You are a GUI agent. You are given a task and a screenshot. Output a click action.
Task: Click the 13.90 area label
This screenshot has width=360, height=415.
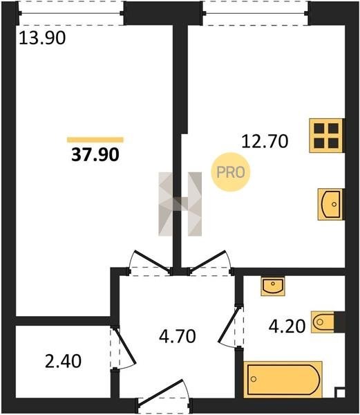pyautogui.click(x=42, y=38)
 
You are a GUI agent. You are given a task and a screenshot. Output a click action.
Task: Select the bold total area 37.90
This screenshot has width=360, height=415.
pyautogui.click(x=95, y=154)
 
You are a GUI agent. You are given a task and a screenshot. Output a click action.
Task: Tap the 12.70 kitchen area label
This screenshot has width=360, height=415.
pyautogui.click(x=265, y=141)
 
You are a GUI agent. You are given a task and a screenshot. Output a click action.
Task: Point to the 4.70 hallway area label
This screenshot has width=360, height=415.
pyautogui.click(x=178, y=336)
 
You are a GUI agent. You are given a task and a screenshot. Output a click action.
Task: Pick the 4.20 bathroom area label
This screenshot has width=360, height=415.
pyautogui.click(x=287, y=326)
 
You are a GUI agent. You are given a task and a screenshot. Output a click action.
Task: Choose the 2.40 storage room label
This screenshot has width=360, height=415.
pyautogui.click(x=63, y=361)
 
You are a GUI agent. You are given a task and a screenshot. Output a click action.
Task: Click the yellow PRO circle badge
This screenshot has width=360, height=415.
pyautogui.click(x=231, y=172)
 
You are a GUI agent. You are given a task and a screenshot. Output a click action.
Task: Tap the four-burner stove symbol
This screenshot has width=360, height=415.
pyautogui.click(x=326, y=136)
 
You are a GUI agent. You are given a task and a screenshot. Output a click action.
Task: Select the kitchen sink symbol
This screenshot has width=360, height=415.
pyautogui.click(x=330, y=204)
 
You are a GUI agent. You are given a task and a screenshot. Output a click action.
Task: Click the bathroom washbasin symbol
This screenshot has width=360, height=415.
pyautogui.click(x=273, y=286)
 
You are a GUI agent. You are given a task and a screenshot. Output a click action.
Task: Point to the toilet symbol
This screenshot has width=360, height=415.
pyautogui.click(x=323, y=322)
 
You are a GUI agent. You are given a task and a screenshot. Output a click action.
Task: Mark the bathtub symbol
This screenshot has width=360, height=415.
pyautogui.click(x=283, y=379)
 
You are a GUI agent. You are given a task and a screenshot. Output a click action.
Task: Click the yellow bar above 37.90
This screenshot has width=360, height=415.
pyautogui.click(x=95, y=140)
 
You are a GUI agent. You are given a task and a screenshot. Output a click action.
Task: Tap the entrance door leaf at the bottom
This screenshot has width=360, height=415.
pyautogui.click(x=161, y=393)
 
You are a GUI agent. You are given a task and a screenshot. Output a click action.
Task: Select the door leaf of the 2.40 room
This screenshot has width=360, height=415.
pyautogui.click(x=124, y=346)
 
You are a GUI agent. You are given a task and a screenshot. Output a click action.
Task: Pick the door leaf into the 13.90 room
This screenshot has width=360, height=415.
pyautogui.click(x=152, y=261)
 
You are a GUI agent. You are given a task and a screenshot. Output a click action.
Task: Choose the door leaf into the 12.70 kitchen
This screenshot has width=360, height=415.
pyautogui.click(x=207, y=261)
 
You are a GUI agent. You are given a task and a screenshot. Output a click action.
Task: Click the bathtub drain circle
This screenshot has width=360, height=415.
pyautogui.click(x=254, y=379)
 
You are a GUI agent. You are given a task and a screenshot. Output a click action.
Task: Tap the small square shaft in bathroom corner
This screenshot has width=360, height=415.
pyautogui.click(x=340, y=393)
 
